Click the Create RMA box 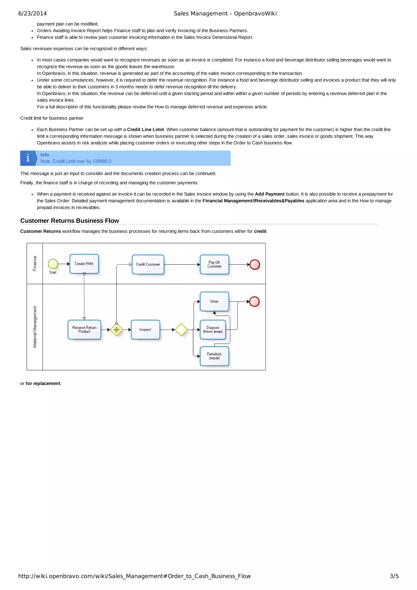(84, 264)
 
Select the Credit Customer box (148, 264)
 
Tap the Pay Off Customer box (214, 264)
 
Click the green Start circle (53, 264)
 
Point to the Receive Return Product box (84, 330)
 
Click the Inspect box (145, 330)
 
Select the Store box (214, 301)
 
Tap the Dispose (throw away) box (213, 330)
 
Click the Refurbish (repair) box (214, 356)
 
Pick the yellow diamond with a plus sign (116, 330)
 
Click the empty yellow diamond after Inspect (181, 330)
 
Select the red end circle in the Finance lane (255, 264)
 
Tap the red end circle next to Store (254, 302)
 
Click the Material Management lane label (35, 327)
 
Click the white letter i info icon (28, 158)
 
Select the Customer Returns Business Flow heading (69, 221)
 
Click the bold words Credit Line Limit (145, 130)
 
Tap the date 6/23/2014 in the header (32, 14)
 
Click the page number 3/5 (394, 576)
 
